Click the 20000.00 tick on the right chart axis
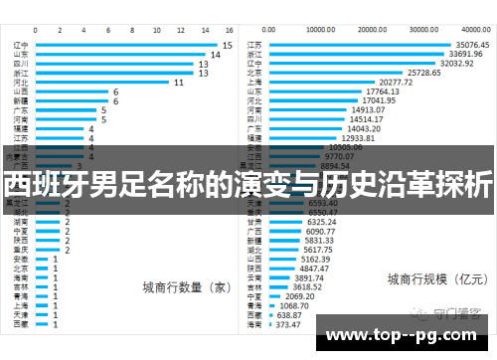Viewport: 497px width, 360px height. (374, 30)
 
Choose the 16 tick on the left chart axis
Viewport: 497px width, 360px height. (230, 30)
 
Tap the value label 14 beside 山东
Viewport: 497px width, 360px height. (215, 54)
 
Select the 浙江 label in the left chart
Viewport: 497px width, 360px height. (21, 73)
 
